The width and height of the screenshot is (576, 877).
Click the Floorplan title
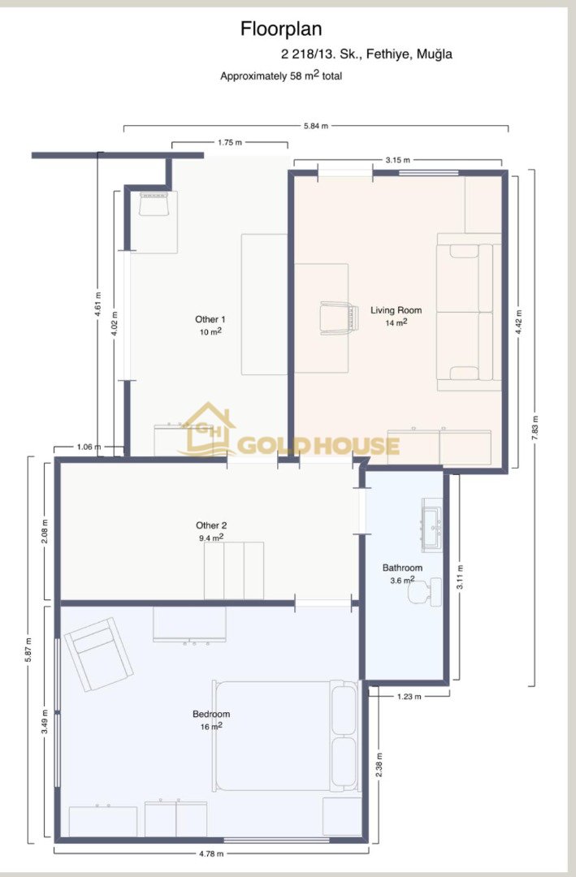[x=281, y=29]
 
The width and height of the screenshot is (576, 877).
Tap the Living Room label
[x=396, y=310]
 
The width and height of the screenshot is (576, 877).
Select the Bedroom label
[x=211, y=715]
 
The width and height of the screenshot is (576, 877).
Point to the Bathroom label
[x=402, y=568]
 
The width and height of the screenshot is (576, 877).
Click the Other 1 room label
[x=210, y=319]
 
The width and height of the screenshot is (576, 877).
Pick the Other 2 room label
[x=211, y=525]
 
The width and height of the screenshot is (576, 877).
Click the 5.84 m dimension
[x=316, y=126]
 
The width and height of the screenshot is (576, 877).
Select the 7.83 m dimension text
[x=535, y=429]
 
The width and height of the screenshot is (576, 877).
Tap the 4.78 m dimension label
[x=211, y=853]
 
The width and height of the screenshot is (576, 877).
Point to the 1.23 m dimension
[x=409, y=697]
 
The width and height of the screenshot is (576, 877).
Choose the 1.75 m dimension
[x=230, y=143]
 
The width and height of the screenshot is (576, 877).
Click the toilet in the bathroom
[x=424, y=591]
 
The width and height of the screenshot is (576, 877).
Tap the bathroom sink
[x=431, y=525]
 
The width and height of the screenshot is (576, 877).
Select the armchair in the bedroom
[x=98, y=655]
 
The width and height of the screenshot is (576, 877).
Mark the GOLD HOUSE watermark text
[x=318, y=446]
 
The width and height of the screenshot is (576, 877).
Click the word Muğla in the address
[x=435, y=54]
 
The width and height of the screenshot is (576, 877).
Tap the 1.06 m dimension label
[x=89, y=447]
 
